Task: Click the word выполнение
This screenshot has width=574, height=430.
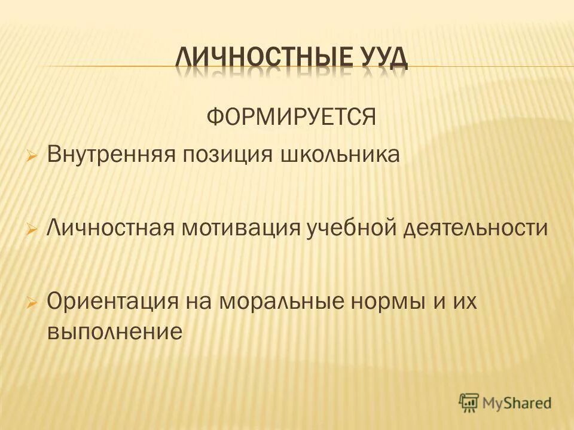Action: click(114, 330)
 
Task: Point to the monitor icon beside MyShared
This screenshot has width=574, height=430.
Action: click(469, 403)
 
